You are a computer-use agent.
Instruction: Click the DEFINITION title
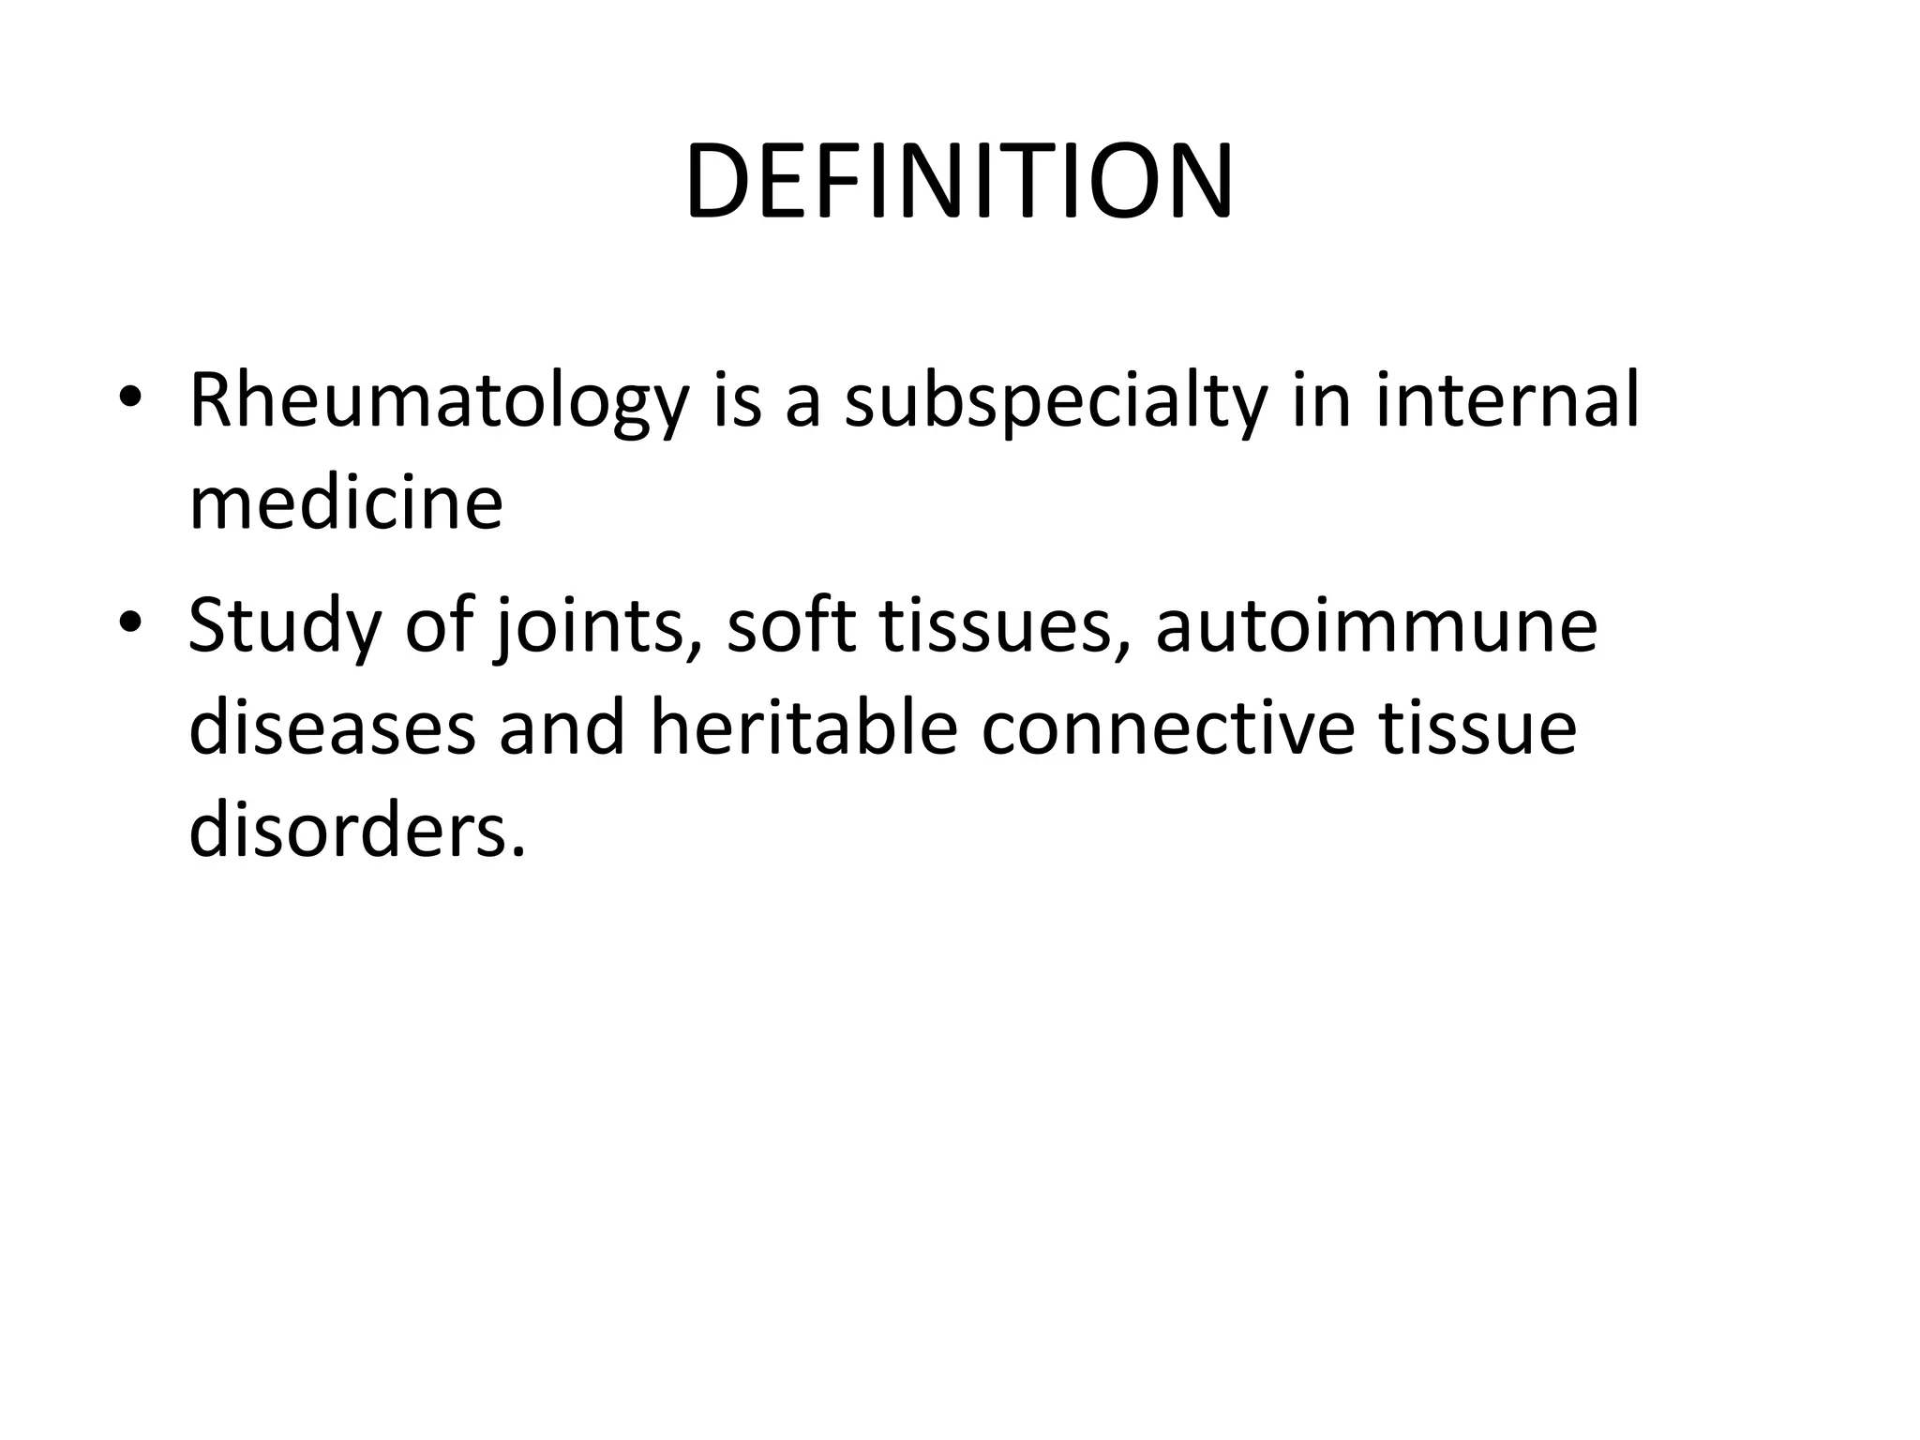959,183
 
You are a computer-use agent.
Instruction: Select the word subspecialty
1053,401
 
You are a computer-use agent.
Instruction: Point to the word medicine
346,502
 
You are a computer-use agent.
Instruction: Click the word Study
284,626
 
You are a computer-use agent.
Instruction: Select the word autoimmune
1376,626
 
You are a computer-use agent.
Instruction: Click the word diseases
333,727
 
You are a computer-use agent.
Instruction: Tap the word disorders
356,831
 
